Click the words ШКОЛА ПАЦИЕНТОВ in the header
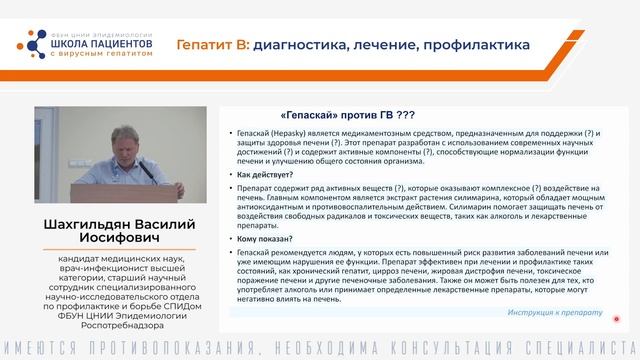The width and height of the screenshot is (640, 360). point(98,44)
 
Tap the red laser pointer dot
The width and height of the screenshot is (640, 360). point(617,320)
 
